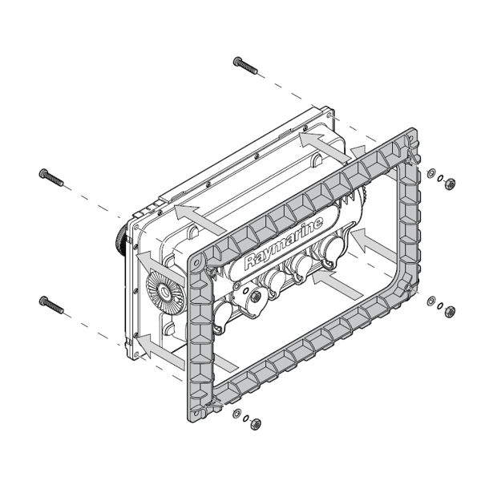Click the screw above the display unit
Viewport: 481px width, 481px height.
[245, 65]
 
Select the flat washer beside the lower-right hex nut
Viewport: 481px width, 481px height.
[432, 301]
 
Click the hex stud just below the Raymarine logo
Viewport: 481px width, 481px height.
[255, 297]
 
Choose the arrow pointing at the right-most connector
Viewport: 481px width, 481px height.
[364, 238]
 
